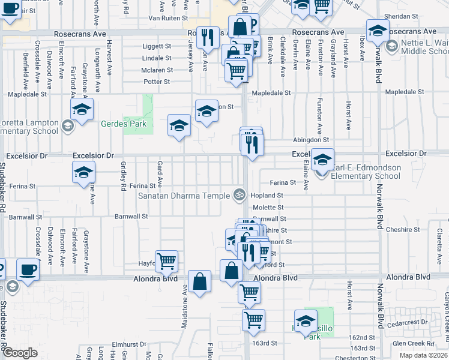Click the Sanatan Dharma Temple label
point(184,196)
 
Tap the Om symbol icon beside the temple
point(239,195)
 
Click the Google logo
point(20,353)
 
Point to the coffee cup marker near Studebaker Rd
point(28,269)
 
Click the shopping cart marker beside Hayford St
point(166,260)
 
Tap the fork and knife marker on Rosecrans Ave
point(207,37)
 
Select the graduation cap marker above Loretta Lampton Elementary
point(82,109)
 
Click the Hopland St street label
point(268,196)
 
